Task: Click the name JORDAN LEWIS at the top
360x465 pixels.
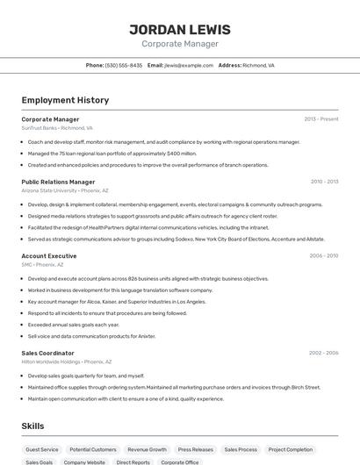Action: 180,29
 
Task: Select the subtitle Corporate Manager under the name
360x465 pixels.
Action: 180,44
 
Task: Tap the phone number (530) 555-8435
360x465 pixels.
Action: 124,65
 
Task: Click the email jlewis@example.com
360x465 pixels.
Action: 189,65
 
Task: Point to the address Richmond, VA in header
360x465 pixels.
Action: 258,65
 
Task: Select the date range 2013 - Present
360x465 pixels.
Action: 320,118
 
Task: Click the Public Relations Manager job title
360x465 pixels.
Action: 58,182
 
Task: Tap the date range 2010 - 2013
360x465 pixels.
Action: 324,182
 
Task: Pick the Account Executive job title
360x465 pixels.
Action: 49,255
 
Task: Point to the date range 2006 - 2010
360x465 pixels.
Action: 323,255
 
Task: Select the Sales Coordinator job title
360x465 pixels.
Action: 48,353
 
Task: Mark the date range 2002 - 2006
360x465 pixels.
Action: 323,353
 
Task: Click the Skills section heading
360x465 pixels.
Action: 33,426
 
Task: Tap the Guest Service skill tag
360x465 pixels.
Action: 42,449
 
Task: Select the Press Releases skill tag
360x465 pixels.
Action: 195,449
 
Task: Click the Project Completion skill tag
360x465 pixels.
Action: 290,449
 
